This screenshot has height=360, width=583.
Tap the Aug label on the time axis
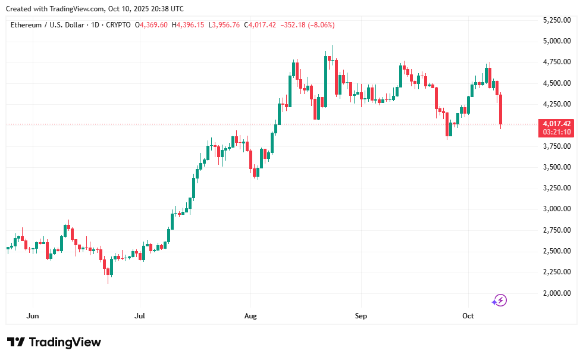[250, 316]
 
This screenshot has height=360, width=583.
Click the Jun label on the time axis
[33, 316]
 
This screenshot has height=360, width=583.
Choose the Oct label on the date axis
[468, 316]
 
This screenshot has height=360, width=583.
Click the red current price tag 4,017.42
[556, 124]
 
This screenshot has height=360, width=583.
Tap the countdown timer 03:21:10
[556, 132]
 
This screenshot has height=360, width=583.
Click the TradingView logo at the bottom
[54, 342]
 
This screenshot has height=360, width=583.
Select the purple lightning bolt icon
[500, 300]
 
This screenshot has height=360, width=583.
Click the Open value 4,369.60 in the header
[154, 25]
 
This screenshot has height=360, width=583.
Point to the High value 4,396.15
[191, 25]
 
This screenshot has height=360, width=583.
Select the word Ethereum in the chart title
[27, 25]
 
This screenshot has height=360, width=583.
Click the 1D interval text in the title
[93, 25]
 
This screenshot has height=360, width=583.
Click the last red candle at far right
[501, 110]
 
